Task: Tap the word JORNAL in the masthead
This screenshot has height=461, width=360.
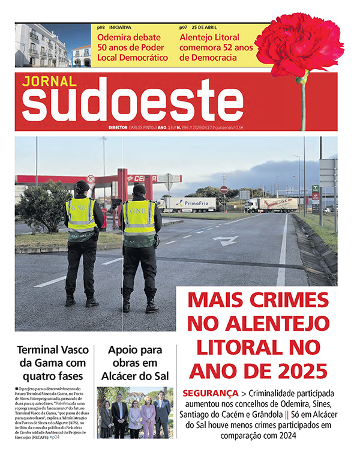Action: (49, 81)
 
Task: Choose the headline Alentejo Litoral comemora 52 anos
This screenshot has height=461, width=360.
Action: (217, 47)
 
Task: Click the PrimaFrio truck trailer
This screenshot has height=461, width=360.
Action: (191, 204)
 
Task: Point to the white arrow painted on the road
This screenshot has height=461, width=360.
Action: (227, 241)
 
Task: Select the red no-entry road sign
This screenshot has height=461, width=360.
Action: (224, 190)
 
